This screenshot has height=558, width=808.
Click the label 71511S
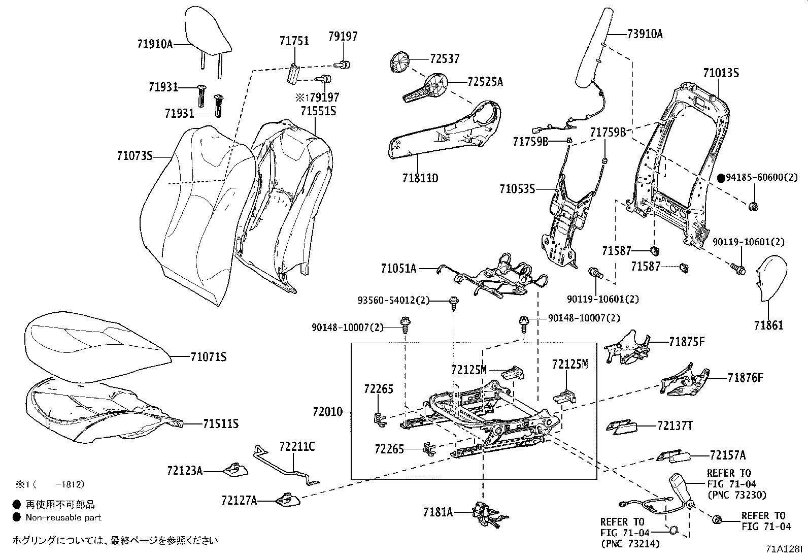[x=221, y=423]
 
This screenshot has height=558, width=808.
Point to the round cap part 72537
[x=400, y=62]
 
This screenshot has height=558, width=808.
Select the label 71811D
[x=420, y=178]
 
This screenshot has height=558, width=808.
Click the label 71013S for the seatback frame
[x=721, y=73]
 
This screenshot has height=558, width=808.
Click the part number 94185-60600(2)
[x=762, y=178]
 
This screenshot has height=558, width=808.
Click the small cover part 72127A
[x=288, y=499]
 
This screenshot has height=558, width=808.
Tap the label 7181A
[x=437, y=512]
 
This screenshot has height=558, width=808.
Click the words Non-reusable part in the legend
[x=63, y=517]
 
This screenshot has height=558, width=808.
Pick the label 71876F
[x=745, y=378]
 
